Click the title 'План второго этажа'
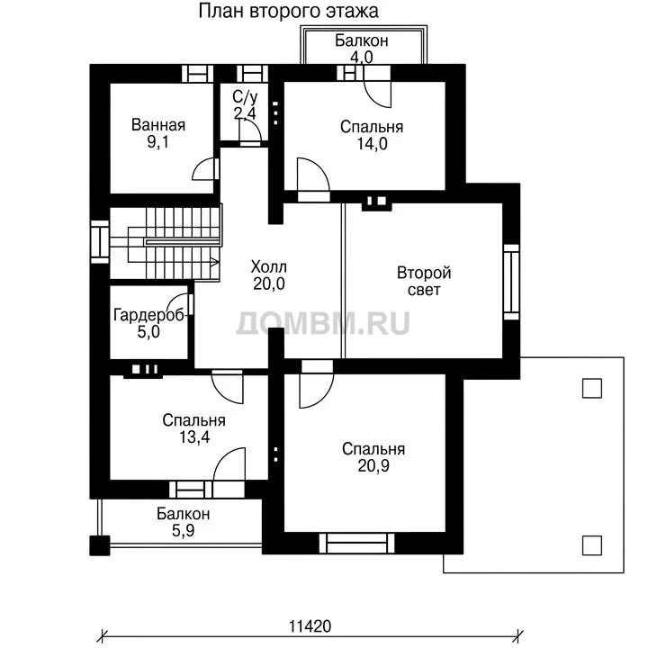coord(288,11)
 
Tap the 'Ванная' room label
coord(158,125)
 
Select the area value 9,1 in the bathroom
coord(157,142)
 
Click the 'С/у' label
coord(245,97)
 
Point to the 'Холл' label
coord(268,267)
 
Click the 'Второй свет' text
coord(424,282)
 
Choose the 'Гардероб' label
coord(149,315)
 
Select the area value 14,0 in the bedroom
coord(372,144)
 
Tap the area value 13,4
coord(194,437)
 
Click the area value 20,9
coord(373,466)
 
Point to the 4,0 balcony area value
coord(362,57)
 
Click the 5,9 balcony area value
coord(183,531)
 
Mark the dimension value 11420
coord(310,626)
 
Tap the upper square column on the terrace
coord(592,389)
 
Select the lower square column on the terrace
coord(592,545)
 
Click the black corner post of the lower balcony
coord(100,545)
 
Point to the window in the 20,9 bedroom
coord(356,543)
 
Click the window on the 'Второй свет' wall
coord(511,282)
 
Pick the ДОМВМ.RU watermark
coord(323,323)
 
